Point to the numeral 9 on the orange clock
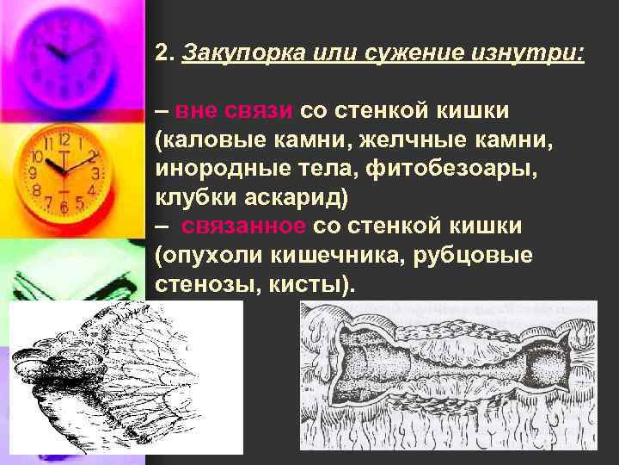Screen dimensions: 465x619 tap(34, 173)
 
